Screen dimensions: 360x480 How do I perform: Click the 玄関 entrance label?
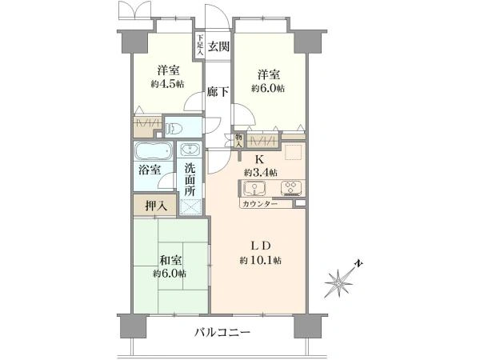(218, 46)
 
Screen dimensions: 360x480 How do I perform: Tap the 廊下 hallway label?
(218, 92)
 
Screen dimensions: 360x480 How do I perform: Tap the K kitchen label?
(259, 158)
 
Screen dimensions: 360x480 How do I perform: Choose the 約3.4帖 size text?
(261, 172)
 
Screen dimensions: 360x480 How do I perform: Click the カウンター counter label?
(259, 205)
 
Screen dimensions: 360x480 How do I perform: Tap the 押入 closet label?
(156, 206)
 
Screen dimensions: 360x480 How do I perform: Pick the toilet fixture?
(176, 129)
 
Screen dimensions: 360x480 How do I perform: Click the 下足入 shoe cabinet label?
(200, 44)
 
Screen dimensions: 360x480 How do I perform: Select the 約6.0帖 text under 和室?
(170, 273)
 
